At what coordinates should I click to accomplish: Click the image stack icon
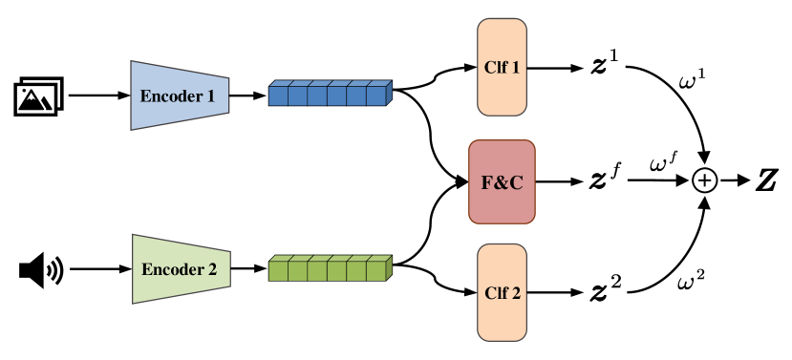(38, 96)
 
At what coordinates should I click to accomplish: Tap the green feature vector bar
(331, 268)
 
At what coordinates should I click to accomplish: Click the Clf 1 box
(501, 69)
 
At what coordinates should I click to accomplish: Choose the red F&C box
(502, 181)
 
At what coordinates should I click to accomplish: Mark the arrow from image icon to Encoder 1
(98, 96)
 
